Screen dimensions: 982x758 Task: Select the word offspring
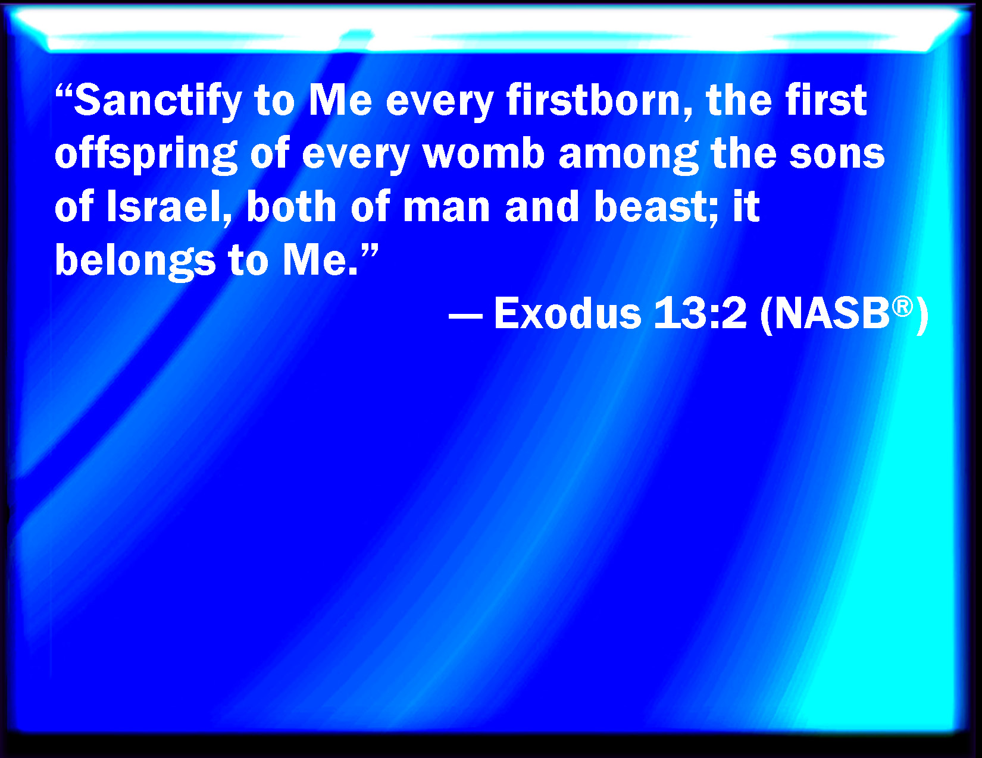[x=146, y=155]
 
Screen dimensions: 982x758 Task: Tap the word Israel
[x=169, y=206]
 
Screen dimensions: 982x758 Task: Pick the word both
[x=291, y=206]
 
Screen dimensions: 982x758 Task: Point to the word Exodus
[x=568, y=314]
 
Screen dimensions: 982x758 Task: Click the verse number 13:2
[x=700, y=314]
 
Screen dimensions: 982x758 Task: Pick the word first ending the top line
[x=825, y=100]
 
